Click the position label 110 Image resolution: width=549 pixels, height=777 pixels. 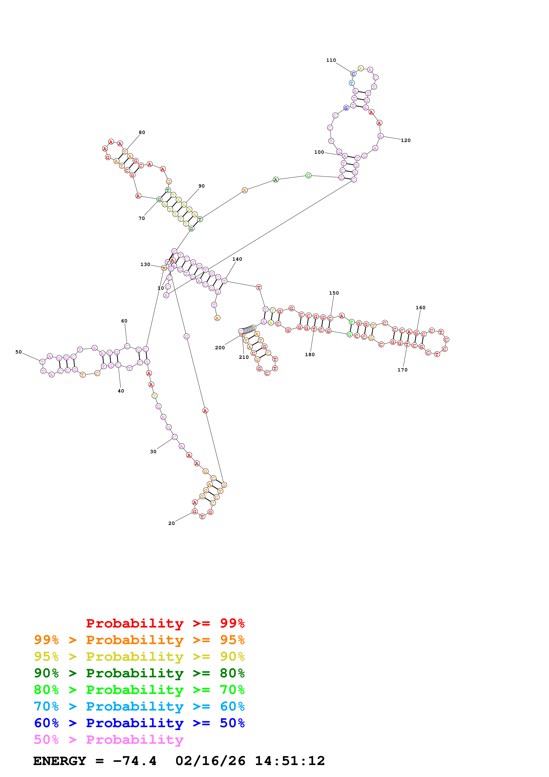click(x=331, y=60)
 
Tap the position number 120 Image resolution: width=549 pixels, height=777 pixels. click(x=405, y=140)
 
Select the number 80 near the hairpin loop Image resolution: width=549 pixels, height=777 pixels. click(x=142, y=132)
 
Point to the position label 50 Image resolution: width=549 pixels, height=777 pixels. click(x=19, y=352)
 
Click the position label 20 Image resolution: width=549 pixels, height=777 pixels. click(x=171, y=523)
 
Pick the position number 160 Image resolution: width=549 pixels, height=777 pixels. click(x=421, y=308)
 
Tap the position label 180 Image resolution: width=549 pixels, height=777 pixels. click(x=310, y=355)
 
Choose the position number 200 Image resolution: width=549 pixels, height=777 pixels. click(x=220, y=348)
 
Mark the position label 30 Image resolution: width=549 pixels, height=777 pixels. click(x=153, y=451)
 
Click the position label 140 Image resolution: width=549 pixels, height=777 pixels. click(x=237, y=259)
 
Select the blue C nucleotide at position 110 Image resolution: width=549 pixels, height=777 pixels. click(x=353, y=74)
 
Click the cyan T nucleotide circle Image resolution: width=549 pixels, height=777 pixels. click(x=351, y=83)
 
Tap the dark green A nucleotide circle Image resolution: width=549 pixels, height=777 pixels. click(x=276, y=180)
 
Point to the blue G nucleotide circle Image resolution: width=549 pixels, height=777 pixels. click(x=346, y=108)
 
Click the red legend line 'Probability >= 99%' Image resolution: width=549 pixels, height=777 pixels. click(x=165, y=623)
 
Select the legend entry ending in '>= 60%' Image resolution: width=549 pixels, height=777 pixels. click(x=139, y=706)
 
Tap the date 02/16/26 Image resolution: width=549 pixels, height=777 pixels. click(x=210, y=761)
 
